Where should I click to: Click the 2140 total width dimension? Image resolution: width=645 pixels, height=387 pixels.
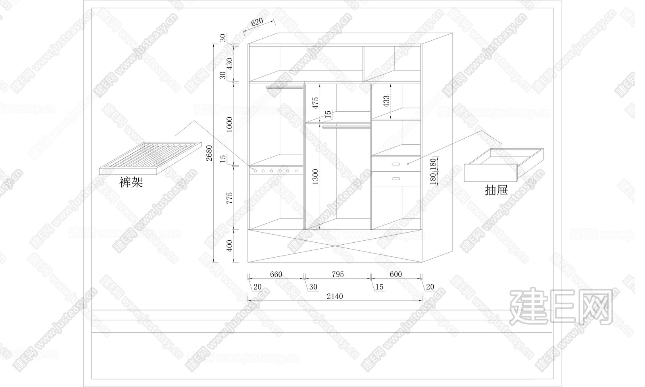pyautogui.click(x=335, y=296)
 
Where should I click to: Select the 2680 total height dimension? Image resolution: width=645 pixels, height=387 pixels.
pyautogui.click(x=209, y=153)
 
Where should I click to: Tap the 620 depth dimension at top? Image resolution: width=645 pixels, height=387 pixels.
pyautogui.click(x=257, y=23)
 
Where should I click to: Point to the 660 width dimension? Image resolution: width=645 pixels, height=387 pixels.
pyautogui.click(x=276, y=275)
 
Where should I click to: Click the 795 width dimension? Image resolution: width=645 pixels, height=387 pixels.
pyautogui.click(x=338, y=275)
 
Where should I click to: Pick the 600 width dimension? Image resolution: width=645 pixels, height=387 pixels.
pyautogui.click(x=396, y=275)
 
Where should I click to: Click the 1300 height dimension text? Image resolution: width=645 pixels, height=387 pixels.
pyautogui.click(x=315, y=177)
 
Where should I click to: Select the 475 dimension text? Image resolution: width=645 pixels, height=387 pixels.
pyautogui.click(x=315, y=102)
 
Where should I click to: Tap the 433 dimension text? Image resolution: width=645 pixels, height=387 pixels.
pyautogui.click(x=386, y=101)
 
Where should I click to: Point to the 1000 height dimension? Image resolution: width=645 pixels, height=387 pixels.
pyautogui.click(x=229, y=125)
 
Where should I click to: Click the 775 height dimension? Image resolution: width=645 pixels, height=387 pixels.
pyautogui.click(x=229, y=199)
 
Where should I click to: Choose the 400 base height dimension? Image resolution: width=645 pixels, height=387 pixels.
pyautogui.click(x=229, y=246)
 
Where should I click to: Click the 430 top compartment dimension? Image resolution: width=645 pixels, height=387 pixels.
pyautogui.click(x=229, y=63)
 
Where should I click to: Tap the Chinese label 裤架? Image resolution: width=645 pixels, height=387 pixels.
pyautogui.click(x=131, y=183)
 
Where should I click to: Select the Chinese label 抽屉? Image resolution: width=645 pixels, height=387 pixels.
pyautogui.click(x=496, y=190)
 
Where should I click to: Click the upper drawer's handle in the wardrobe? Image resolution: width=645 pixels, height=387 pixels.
pyautogui.click(x=396, y=164)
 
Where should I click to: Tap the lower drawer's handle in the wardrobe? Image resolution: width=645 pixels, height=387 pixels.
pyautogui.click(x=396, y=178)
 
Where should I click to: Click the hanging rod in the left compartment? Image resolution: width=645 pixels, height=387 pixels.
pyautogui.click(x=285, y=87)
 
